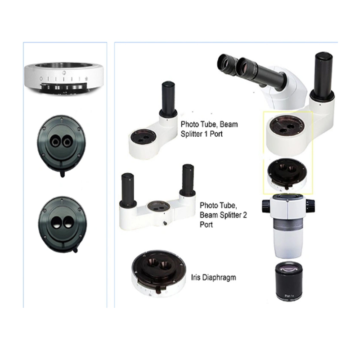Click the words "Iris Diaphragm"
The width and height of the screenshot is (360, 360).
[x=213, y=278]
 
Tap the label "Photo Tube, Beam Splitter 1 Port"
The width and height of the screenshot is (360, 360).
[x=209, y=129]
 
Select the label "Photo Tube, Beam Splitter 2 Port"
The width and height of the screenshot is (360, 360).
[x=223, y=215]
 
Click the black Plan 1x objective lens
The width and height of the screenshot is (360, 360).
[x=289, y=282]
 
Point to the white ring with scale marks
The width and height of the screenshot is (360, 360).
[x=64, y=77]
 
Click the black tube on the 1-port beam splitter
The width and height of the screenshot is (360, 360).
[x=169, y=99]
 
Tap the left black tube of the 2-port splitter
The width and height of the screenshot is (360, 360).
[x=127, y=189]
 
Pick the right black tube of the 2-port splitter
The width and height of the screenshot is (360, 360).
[x=188, y=179]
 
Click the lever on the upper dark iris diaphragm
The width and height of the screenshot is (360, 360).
[x=62, y=173]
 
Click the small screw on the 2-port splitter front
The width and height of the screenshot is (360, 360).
[x=165, y=223]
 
